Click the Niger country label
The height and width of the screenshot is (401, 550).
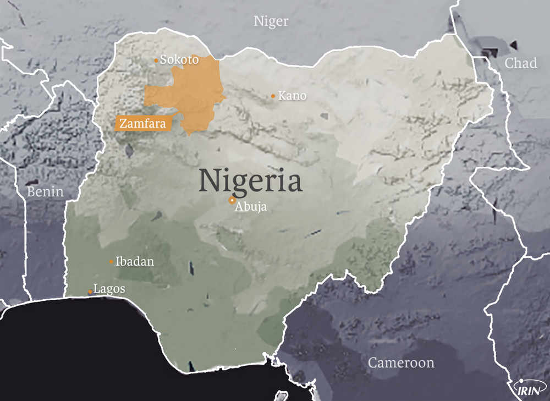(271, 21)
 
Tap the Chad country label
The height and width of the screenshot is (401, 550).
(520, 63)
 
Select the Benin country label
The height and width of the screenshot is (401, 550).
(45, 192)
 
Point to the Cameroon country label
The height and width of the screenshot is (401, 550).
(401, 363)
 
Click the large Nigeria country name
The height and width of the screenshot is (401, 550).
(250, 180)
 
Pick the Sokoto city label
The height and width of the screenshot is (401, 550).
(179, 59)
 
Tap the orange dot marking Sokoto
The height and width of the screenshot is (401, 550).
(156, 61)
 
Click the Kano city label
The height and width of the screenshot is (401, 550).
(292, 96)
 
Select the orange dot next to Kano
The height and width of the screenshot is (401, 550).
(273, 96)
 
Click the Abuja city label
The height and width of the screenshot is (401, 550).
(251, 207)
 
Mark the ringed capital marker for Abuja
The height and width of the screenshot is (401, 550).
(233, 201)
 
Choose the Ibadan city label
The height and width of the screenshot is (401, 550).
(135, 262)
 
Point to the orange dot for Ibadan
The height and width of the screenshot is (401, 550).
(111, 262)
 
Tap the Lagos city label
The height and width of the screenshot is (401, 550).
(109, 289)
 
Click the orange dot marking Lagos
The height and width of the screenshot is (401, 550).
(91, 292)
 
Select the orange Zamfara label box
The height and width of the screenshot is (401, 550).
(142, 124)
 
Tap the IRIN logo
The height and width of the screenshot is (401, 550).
(528, 389)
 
